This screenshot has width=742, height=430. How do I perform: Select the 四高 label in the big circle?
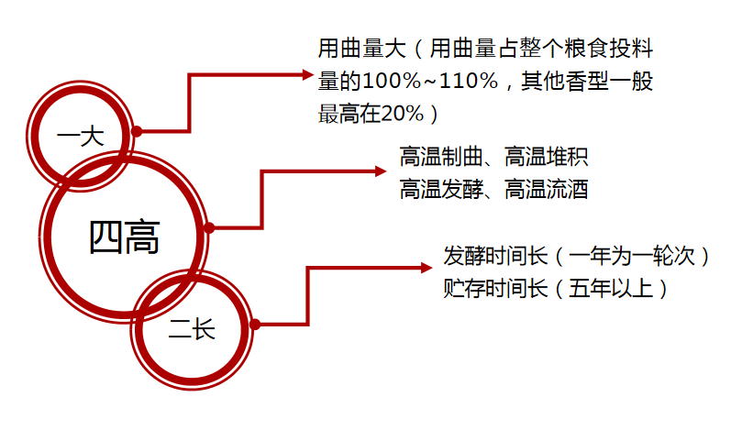[x=124, y=237]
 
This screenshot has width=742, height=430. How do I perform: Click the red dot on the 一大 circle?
[x=137, y=131]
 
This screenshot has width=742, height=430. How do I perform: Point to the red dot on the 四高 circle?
[x=209, y=227]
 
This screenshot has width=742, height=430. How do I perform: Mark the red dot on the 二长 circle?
[x=255, y=324]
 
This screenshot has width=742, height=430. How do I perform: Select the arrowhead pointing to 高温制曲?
[x=382, y=170]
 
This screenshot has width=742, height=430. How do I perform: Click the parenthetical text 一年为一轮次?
[x=637, y=256]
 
